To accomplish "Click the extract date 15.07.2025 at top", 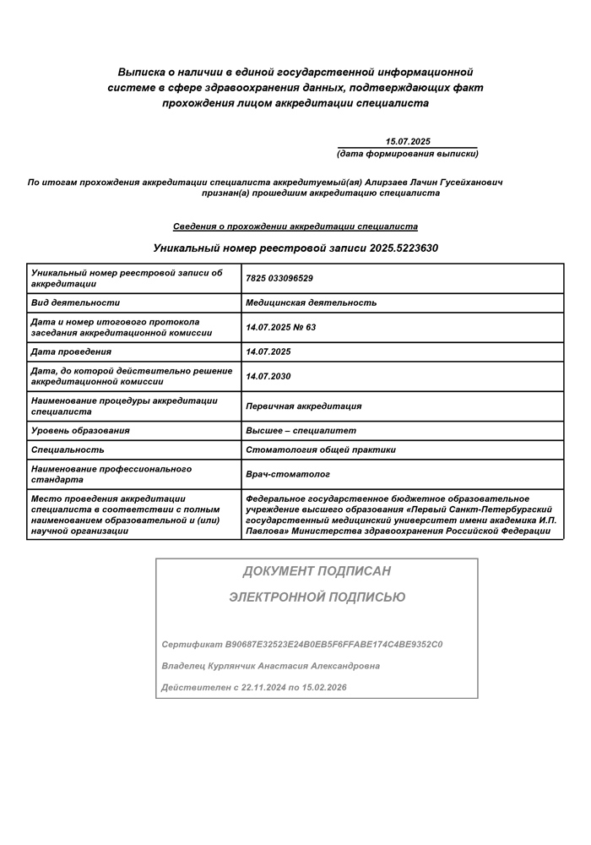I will pos(408,142).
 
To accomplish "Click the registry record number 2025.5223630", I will pos(404,248).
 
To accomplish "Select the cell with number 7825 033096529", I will pos(279,278).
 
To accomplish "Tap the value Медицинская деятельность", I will pos(311,303).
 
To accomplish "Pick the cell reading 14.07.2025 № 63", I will pos(280,327).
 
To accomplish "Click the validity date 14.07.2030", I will pos(268,376).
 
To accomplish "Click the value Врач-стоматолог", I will pos(288,475).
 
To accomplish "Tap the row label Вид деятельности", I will pos(75,303).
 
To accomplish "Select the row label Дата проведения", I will pos(71,352).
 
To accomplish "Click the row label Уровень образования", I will pos(80,431).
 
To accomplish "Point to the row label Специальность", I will pos(68,450).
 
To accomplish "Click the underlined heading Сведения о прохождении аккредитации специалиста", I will pos(295,226).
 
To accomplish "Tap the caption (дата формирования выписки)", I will pos(407,154).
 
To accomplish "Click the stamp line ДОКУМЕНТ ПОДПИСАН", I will pos(317,571).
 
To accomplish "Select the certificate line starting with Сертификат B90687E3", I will pos(302,645).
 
